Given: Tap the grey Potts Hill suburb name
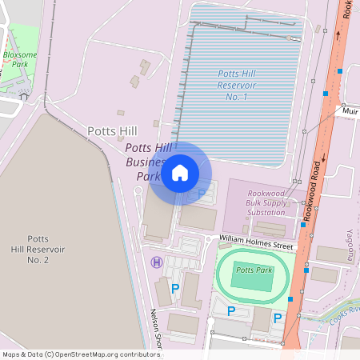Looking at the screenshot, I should click(x=112, y=130).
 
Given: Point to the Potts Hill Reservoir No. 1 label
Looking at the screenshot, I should click(x=237, y=85).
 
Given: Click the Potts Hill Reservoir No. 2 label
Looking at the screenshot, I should click(x=38, y=249).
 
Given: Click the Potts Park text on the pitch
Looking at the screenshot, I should click(x=254, y=270).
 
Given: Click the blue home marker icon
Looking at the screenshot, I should click(x=180, y=173).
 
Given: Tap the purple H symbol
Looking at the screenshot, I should click(x=157, y=262).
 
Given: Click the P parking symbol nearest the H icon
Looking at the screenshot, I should click(x=174, y=287).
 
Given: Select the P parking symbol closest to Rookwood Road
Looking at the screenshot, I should click(x=278, y=318).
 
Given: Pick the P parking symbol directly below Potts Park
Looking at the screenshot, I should click(x=231, y=311).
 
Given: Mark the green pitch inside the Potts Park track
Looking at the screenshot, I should click(x=254, y=275).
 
